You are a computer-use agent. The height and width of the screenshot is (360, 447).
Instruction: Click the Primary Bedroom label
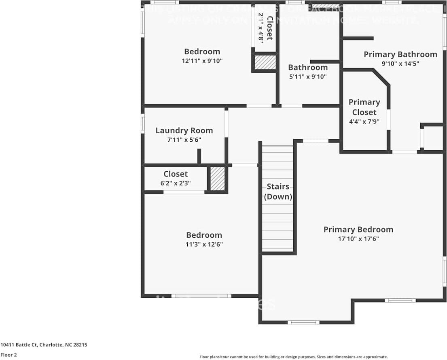[358, 230]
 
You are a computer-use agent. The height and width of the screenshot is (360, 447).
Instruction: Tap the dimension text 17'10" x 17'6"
[358, 239]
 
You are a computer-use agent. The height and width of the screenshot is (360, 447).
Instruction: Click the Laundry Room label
[184, 130]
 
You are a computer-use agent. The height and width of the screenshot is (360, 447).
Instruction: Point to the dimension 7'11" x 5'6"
[184, 140]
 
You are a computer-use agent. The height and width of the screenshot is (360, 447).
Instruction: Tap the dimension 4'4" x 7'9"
[364, 121]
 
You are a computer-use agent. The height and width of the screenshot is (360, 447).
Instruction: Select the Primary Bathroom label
[400, 54]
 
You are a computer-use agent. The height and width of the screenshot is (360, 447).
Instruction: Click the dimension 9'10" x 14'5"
[400, 64]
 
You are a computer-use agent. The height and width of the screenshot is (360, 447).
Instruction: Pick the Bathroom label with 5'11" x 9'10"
[308, 67]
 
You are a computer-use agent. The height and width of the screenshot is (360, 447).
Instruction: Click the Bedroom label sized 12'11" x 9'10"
[202, 51]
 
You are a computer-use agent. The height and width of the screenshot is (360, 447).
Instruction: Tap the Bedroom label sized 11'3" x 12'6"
[204, 235]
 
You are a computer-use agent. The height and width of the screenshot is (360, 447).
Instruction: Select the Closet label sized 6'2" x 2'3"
[176, 174]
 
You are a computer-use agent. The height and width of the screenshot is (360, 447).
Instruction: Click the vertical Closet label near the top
[269, 28]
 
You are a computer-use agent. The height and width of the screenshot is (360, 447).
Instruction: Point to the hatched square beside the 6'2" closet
[218, 179]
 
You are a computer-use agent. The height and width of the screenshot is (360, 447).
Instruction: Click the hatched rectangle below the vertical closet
[265, 62]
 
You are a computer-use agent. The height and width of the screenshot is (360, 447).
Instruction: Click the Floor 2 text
[8, 355]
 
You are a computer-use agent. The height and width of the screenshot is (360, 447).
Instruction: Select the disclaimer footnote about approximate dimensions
[293, 357]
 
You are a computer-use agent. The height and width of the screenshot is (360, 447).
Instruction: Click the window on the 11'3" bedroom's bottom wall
[201, 296]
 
